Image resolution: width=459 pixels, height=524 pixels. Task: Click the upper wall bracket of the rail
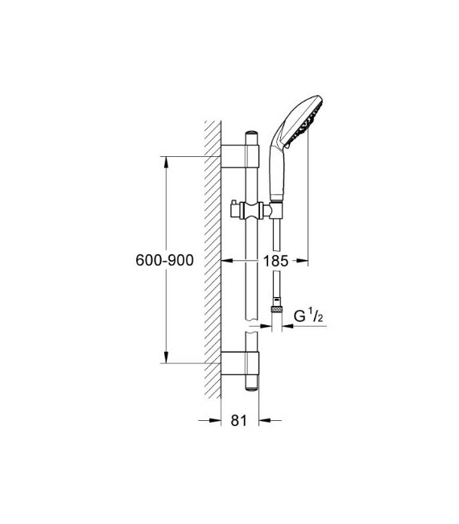(x=242, y=153)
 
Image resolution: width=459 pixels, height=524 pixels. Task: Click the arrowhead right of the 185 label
(x=302, y=261)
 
